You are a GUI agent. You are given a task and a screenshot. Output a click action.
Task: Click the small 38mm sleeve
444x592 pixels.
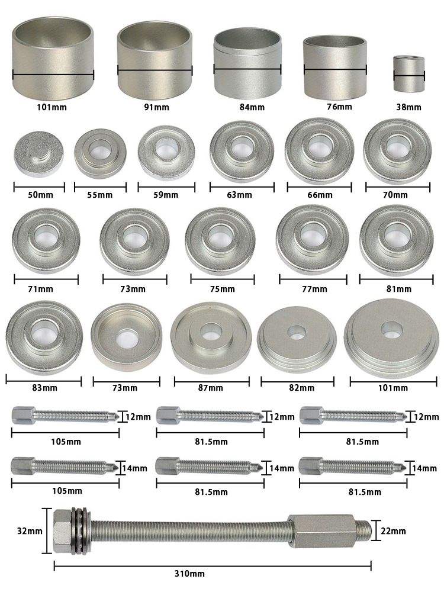(x=409, y=73)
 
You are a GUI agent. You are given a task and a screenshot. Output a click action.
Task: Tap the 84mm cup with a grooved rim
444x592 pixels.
(x=247, y=61)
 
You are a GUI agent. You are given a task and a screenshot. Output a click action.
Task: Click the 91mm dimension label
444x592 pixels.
(x=156, y=107)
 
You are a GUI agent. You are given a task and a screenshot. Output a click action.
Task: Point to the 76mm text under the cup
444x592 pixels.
(x=339, y=107)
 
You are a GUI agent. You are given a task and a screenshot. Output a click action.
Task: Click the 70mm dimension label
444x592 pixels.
(x=395, y=195)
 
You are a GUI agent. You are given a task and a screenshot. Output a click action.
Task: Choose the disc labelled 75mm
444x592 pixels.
(x=220, y=240)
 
